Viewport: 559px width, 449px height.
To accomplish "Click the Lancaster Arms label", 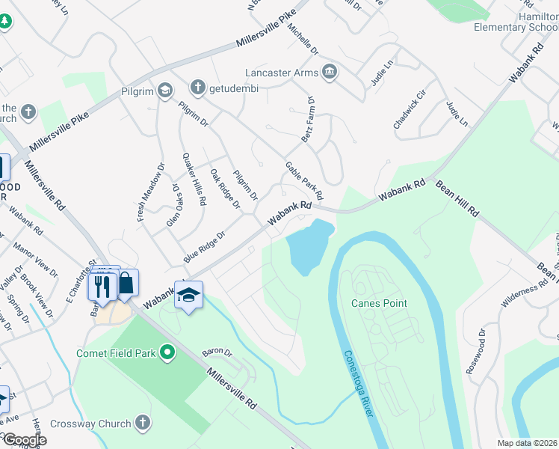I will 282,73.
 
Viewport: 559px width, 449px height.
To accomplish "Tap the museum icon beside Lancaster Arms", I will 330,73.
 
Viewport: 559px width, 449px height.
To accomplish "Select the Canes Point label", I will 380,303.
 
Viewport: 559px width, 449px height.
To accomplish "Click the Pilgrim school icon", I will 164,90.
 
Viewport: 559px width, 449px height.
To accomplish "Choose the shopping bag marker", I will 126,283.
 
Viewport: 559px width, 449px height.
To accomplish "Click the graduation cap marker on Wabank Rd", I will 188,295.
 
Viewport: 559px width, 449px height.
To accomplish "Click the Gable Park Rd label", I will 303,180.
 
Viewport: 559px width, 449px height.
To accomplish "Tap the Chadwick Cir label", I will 410,109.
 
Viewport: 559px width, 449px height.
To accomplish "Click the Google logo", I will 25,440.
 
